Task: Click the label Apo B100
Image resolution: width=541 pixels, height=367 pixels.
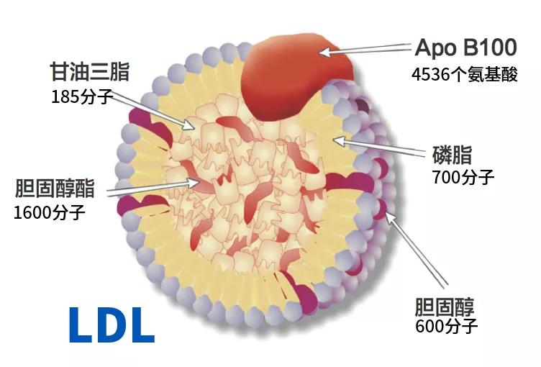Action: tap(465, 48)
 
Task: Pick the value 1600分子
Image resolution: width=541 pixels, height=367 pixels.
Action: tap(50, 213)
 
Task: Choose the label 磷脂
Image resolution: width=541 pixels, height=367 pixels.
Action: tap(451, 154)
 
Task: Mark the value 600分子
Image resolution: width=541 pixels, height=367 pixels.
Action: tap(447, 327)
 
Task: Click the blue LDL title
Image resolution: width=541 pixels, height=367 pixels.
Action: tap(112, 325)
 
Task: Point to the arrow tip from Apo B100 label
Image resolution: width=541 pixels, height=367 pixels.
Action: tap(321, 52)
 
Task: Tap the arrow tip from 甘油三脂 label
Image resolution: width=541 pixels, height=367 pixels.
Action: tap(194, 130)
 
